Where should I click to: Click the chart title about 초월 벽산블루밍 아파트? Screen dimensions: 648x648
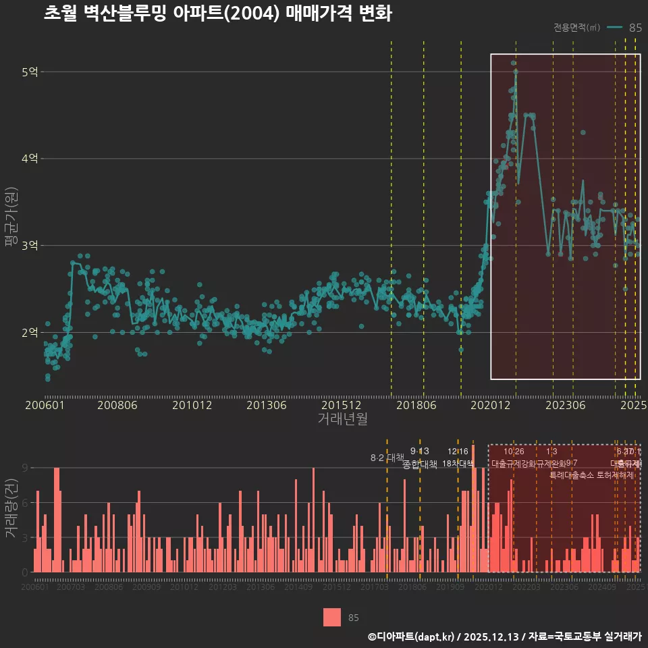tap(217, 14)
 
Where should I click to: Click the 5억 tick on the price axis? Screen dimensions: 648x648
tap(29, 72)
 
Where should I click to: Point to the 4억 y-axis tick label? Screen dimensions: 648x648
tap(29, 159)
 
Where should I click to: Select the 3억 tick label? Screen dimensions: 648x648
tap(29, 246)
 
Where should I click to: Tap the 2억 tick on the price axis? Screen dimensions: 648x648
tap(29, 333)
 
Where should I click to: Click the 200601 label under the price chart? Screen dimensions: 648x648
tap(45, 406)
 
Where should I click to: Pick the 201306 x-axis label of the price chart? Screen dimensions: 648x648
tap(267, 406)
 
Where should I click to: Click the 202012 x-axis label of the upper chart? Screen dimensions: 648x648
tap(489, 406)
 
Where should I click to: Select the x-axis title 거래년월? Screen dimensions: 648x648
tap(342, 419)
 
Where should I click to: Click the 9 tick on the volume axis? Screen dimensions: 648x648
tap(24, 468)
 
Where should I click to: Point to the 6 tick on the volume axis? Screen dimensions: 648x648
tap(24, 503)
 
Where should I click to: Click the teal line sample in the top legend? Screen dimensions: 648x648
tap(614, 28)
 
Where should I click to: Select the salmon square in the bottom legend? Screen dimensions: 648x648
tap(332, 618)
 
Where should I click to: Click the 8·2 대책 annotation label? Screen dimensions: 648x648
tap(386, 458)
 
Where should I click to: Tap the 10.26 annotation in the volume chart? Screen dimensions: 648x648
tap(514, 452)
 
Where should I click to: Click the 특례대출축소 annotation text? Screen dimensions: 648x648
tap(572, 475)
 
